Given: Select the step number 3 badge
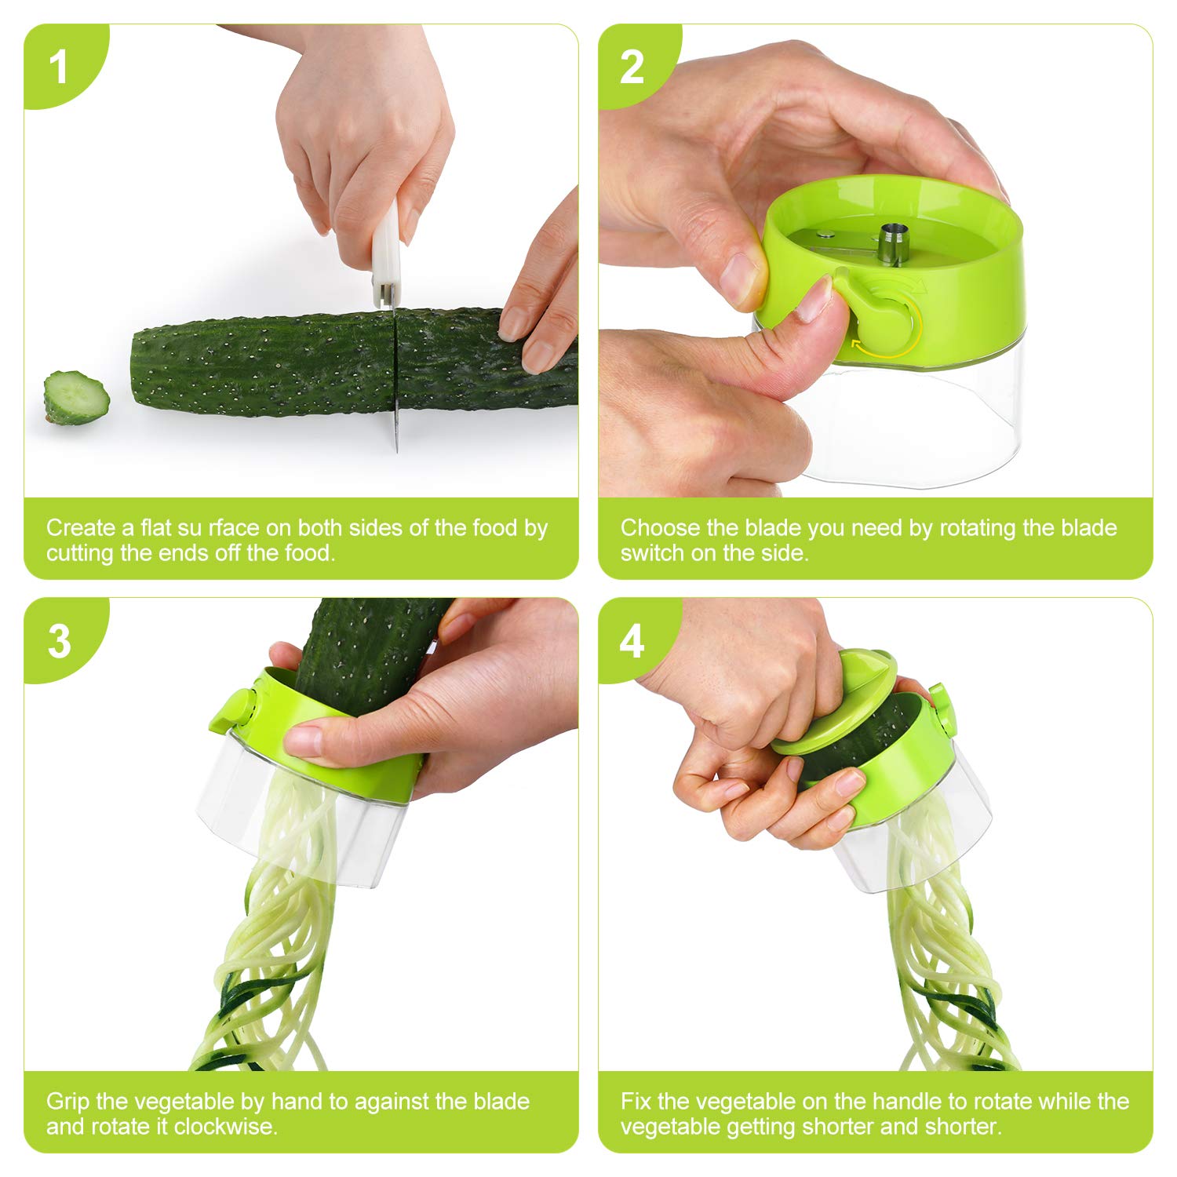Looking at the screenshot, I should [59, 641].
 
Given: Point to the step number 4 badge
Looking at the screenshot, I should [632, 641].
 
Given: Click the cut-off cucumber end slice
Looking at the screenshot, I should [76, 398].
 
